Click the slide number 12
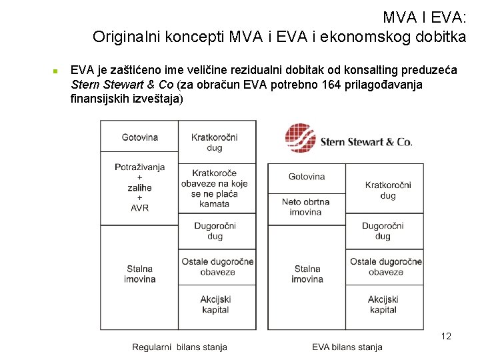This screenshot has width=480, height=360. [x=446, y=336]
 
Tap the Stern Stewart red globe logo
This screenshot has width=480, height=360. [x=300, y=139]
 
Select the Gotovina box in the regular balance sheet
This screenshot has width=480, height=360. [x=140, y=137]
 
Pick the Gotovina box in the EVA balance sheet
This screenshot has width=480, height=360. [x=307, y=177]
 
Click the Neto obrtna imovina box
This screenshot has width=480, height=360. [x=306, y=207]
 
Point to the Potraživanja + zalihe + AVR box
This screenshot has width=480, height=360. [x=140, y=187]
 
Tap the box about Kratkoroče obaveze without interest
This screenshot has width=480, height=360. [x=214, y=188]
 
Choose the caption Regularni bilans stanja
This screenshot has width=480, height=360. [x=179, y=347]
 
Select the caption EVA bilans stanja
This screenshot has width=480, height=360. [x=347, y=347]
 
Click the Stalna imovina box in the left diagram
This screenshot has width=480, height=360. [x=140, y=274]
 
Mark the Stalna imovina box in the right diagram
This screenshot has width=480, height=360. [x=307, y=274]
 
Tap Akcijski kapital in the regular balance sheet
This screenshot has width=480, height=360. [x=215, y=305]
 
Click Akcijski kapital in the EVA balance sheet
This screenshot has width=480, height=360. [x=383, y=305]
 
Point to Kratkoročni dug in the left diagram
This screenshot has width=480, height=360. [x=215, y=142]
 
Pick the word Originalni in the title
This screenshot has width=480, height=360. [x=127, y=37]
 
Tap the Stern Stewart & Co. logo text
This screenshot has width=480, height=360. [x=366, y=141]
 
